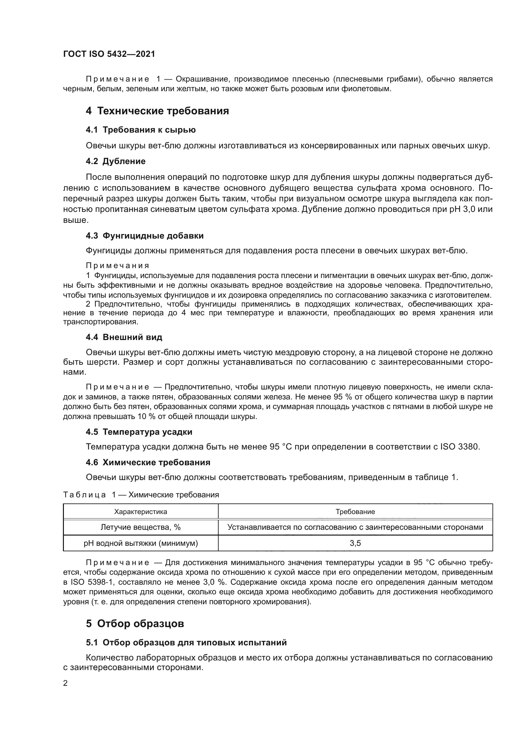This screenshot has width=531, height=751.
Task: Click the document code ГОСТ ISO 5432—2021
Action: click(109, 54)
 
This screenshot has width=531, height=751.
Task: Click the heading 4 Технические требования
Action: click(157, 111)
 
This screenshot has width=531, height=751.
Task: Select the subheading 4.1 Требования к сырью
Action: click(141, 130)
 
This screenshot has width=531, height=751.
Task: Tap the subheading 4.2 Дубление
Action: click(116, 161)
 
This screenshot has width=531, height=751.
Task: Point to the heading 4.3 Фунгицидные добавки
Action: click(144, 236)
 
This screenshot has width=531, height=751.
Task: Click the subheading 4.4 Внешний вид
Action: click(124, 337)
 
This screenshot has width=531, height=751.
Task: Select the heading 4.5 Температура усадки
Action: click(139, 432)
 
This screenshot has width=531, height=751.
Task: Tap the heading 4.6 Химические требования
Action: click(148, 462)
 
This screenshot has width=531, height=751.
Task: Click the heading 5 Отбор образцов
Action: click(135, 624)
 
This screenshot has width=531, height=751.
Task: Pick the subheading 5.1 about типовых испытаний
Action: click(186, 642)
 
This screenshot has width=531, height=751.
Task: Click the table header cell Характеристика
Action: click(141, 512)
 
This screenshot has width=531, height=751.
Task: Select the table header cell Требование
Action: click(355, 512)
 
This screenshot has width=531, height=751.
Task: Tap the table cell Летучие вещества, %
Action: click(141, 527)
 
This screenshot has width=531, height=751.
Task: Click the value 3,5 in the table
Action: click(355, 543)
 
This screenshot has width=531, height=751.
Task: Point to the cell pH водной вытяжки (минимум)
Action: click(141, 543)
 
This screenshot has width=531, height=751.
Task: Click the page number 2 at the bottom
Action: click(65, 683)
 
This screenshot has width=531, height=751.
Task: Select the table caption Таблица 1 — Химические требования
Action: click(141, 495)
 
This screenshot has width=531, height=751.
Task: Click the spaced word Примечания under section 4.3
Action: click(118, 266)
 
